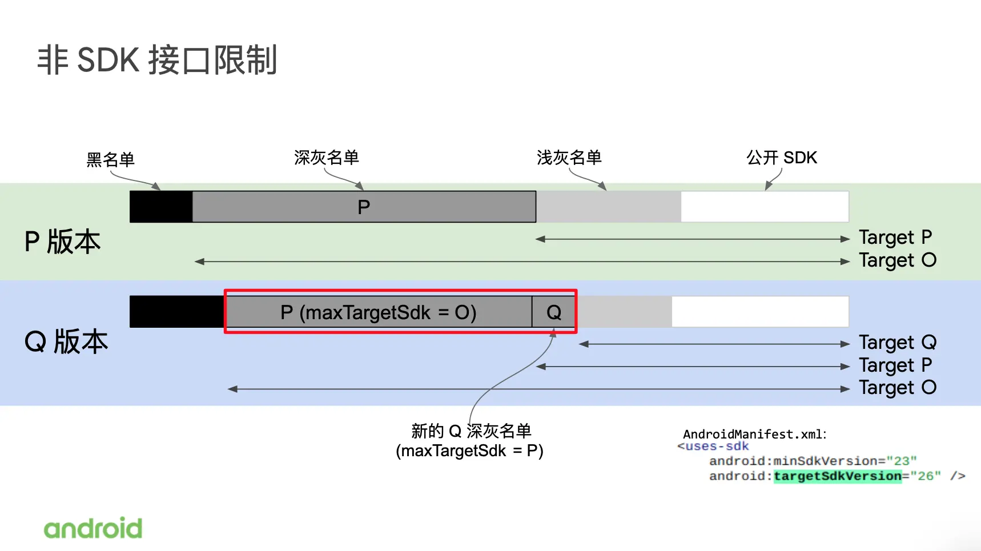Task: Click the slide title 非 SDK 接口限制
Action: click(x=157, y=61)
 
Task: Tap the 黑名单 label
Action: click(x=110, y=160)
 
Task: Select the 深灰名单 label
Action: click(x=326, y=158)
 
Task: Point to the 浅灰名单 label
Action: click(x=569, y=158)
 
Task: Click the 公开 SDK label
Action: click(x=781, y=158)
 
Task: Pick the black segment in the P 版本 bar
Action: click(x=161, y=207)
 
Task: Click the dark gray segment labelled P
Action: click(x=364, y=207)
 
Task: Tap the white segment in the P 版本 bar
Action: click(x=765, y=207)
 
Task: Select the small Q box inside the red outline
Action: click(x=553, y=312)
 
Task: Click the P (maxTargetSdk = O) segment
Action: click(x=378, y=312)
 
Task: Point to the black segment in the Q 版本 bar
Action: click(x=177, y=312)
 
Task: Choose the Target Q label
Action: click(x=897, y=343)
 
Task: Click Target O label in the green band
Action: click(x=897, y=260)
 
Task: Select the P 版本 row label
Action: click(x=62, y=242)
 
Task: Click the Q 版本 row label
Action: click(x=66, y=342)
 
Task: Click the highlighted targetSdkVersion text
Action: click(x=837, y=476)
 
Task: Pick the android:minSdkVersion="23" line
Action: click(x=813, y=461)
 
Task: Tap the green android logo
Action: click(x=93, y=528)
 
